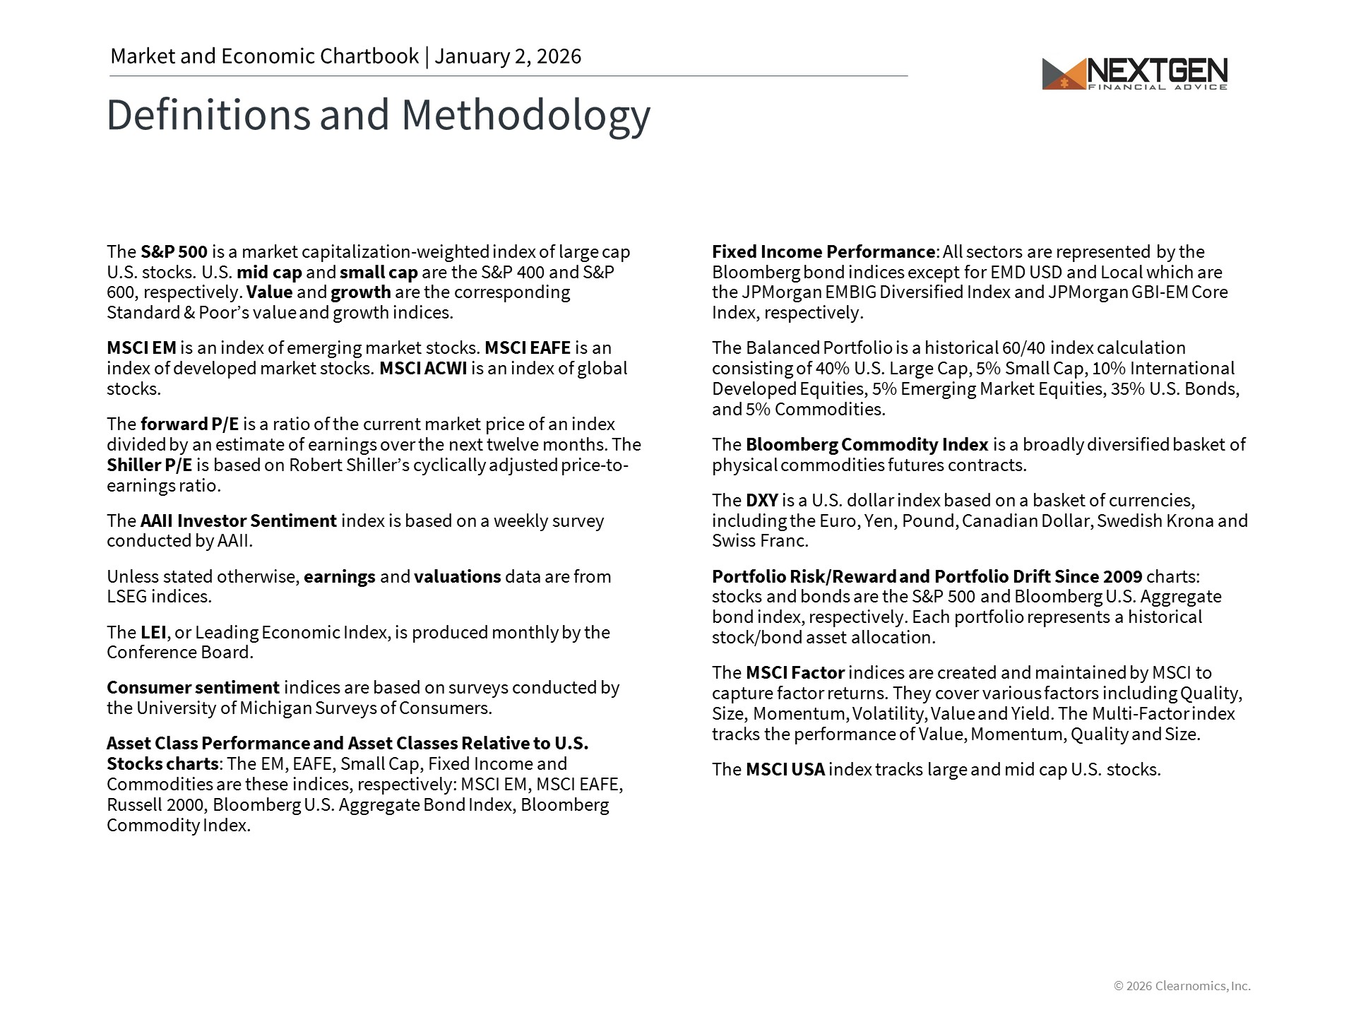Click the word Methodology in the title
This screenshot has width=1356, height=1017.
click(525, 115)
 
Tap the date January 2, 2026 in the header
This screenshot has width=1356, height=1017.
click(508, 56)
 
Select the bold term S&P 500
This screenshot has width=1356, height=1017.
click(174, 252)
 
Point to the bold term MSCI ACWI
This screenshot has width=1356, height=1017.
click(423, 369)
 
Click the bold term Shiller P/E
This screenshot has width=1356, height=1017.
click(149, 465)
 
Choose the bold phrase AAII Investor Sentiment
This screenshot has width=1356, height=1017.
click(238, 521)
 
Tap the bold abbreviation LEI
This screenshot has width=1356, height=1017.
click(153, 633)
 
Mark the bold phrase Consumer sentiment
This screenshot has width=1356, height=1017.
click(193, 688)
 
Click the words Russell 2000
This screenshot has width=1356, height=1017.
click(155, 805)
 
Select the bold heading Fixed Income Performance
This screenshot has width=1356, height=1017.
click(823, 252)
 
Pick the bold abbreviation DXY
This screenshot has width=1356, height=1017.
click(761, 501)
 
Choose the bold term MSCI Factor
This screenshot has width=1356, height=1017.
click(795, 673)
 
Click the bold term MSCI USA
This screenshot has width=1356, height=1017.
click(785, 770)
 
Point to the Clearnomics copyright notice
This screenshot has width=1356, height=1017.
click(1182, 986)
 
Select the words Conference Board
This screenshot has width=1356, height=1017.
click(179, 653)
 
